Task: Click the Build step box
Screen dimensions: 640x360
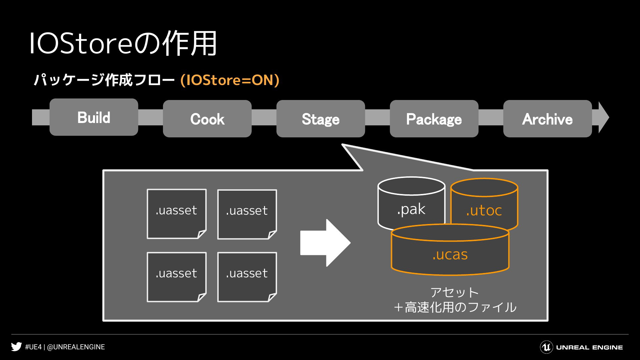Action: pyautogui.click(x=94, y=117)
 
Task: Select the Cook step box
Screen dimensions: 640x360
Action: pyautogui.click(x=207, y=119)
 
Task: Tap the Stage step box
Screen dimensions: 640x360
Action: pyautogui.click(x=321, y=119)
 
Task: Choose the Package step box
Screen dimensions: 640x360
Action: pyautogui.click(x=434, y=119)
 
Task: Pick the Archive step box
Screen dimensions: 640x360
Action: pyautogui.click(x=547, y=119)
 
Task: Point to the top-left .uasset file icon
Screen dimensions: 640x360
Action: pyautogui.click(x=177, y=214)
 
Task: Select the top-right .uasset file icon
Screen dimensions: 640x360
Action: pyautogui.click(x=247, y=214)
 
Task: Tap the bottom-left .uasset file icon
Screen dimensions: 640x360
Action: pyautogui.click(x=177, y=277)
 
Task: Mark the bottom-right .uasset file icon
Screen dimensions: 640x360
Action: pyautogui.click(x=247, y=277)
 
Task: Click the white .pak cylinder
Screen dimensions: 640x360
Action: pyautogui.click(x=411, y=203)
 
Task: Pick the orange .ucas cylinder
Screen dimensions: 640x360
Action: pyautogui.click(x=450, y=250)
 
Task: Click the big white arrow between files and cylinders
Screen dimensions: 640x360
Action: pyautogui.click(x=325, y=243)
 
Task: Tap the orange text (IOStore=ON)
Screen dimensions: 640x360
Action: pyautogui.click(x=230, y=80)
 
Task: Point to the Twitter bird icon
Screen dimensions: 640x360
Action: pyautogui.click(x=16, y=347)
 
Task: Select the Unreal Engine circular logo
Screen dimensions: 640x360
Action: pyautogui.click(x=546, y=347)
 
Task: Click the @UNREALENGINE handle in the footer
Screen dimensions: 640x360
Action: pyautogui.click(x=76, y=347)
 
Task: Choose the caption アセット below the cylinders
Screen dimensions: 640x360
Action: pyautogui.click(x=455, y=292)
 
